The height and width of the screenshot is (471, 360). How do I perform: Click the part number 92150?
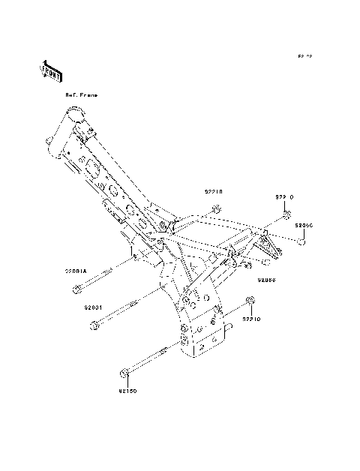tap(128, 390)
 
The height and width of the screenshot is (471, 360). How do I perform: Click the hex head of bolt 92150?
tap(124, 373)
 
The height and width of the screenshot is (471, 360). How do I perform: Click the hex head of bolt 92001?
tap(94, 325)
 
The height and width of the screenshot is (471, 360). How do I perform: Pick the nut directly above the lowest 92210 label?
tap(250, 302)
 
